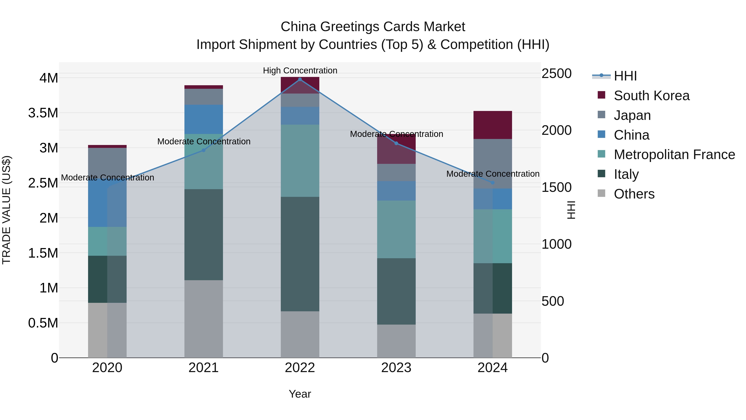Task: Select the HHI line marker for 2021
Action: (203, 150)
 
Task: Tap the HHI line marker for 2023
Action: (396, 143)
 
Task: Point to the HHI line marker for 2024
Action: (493, 183)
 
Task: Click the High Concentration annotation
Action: (300, 71)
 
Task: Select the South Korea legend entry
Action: (651, 96)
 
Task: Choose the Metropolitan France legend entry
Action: (674, 155)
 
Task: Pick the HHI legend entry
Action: (625, 76)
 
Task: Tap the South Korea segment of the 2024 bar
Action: (493, 125)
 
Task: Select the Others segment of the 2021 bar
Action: (203, 319)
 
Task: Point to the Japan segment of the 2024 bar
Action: (493, 164)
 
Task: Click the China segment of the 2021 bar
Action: (203, 119)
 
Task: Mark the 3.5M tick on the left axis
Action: (43, 113)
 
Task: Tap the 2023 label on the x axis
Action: (396, 368)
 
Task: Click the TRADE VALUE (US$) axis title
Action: (7, 210)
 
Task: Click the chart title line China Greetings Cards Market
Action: (373, 27)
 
